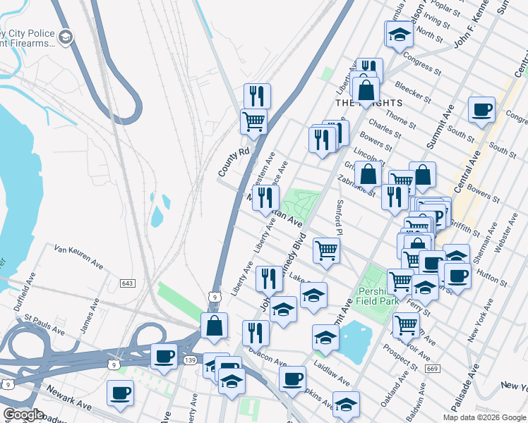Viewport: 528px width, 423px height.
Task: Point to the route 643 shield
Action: [x=128, y=283]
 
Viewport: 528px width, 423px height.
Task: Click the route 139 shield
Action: [x=189, y=360]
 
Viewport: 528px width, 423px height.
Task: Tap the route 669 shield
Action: [x=433, y=369]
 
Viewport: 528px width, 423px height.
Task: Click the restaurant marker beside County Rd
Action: [x=258, y=96]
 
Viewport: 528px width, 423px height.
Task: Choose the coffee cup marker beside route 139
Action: [x=164, y=356]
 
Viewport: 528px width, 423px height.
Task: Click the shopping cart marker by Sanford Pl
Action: [x=326, y=250]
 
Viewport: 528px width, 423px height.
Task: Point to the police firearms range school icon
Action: [x=66, y=37]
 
